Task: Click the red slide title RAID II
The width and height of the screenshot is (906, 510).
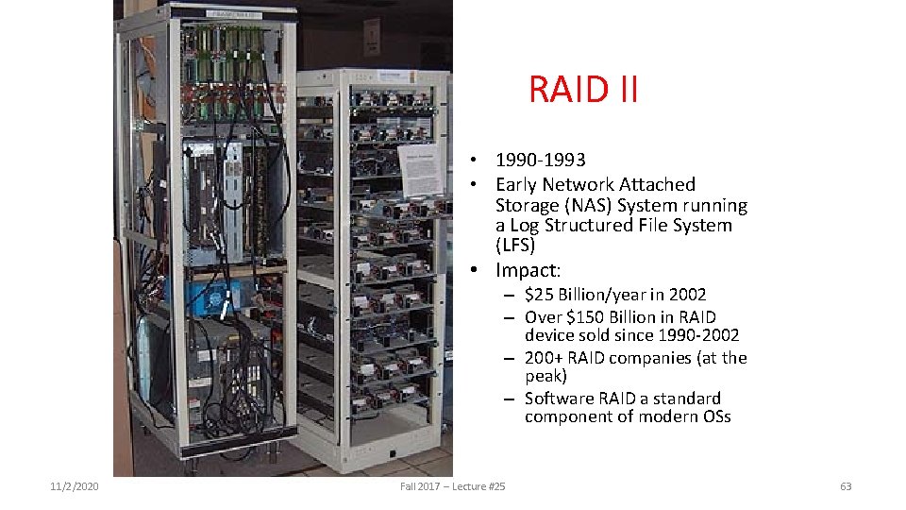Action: pos(583,90)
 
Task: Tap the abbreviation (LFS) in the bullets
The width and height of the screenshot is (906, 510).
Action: pos(515,246)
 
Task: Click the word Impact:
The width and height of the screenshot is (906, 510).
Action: pos(528,270)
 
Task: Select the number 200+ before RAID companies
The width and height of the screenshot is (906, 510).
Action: pos(543,358)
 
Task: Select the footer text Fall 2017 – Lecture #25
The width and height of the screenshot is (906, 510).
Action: pos(453,486)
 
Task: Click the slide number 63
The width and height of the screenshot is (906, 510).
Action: pos(845,486)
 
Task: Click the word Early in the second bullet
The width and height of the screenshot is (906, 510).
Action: pos(518,184)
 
